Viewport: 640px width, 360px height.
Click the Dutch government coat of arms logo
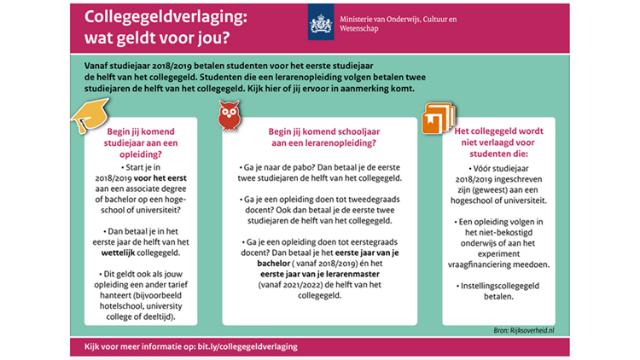point(321,25)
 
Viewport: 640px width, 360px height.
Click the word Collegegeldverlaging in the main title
point(162,17)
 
